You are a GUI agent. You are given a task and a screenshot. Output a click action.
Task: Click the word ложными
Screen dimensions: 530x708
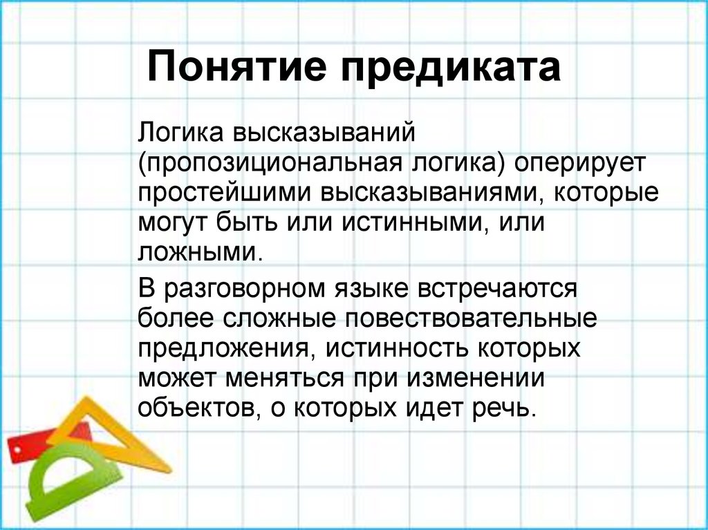click(199, 252)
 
